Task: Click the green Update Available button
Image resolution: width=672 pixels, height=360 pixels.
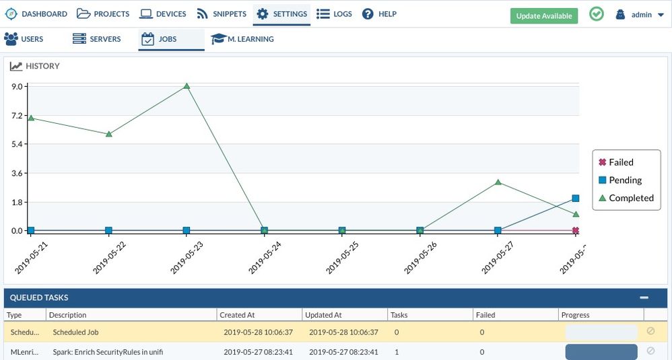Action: [x=543, y=15]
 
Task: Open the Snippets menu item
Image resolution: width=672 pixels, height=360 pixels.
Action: [x=222, y=14]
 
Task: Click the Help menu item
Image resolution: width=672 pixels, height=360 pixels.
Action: [x=379, y=14]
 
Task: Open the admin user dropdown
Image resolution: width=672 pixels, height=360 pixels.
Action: [x=640, y=15]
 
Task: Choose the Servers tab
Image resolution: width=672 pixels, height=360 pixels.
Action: [x=97, y=39]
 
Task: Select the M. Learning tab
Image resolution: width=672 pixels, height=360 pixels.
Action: [x=242, y=39]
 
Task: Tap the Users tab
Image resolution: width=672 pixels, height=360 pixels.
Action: [x=24, y=39]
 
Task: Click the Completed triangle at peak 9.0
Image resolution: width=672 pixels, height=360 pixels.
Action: [x=187, y=86]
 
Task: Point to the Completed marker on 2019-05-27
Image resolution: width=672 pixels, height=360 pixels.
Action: [x=498, y=182]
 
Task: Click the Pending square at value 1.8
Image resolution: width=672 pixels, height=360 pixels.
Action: [x=576, y=199]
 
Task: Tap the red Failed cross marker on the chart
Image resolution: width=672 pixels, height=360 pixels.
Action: [x=576, y=231]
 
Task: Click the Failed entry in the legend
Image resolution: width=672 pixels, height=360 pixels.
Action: [x=620, y=162]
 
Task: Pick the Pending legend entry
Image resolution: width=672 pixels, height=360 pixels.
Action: [x=624, y=180]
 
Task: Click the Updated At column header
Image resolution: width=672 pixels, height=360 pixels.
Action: [x=323, y=315]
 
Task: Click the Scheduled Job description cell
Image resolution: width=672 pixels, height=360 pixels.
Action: [x=75, y=332]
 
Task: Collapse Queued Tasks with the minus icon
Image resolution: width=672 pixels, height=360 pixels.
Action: [x=644, y=297]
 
